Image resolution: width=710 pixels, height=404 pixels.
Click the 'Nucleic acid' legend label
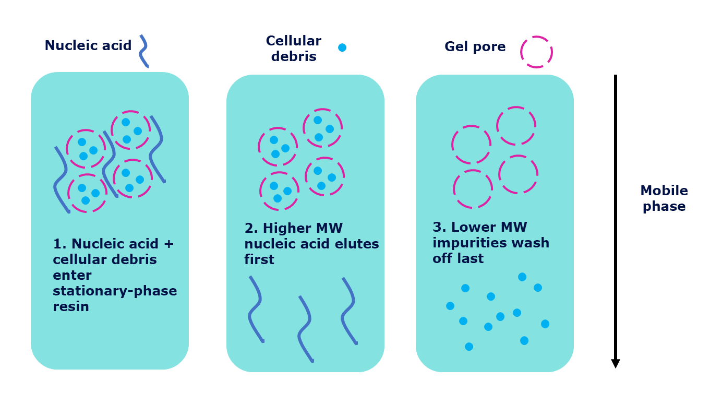[88, 46]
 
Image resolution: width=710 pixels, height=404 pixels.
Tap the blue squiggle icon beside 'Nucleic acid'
[143, 51]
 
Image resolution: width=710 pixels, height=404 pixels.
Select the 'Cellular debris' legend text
[293, 49]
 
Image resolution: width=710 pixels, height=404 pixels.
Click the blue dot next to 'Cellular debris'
[342, 47]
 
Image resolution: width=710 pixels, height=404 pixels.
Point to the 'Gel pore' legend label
[475, 47]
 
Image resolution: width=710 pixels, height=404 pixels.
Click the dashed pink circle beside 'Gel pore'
[536, 52]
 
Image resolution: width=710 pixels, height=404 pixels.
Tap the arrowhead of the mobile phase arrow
[616, 363]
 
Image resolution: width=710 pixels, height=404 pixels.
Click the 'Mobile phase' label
[664, 198]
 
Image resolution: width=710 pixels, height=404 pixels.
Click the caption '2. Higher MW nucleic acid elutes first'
[311, 244]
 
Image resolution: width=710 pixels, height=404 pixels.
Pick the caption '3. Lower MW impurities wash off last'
[490, 243]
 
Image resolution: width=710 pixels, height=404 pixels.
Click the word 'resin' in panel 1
[71, 306]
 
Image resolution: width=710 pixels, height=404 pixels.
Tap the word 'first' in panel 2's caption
[259, 259]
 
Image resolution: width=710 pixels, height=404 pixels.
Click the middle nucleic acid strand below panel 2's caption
[305, 329]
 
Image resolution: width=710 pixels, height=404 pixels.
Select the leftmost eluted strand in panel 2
[256, 309]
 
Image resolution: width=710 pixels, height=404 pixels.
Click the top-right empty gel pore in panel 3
[516, 126]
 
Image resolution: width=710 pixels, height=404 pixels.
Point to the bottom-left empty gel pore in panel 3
[473, 188]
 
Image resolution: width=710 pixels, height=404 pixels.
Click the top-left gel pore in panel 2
[278, 147]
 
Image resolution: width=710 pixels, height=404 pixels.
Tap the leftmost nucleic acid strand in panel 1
[62, 180]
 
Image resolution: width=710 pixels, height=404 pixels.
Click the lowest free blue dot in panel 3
[469, 347]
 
